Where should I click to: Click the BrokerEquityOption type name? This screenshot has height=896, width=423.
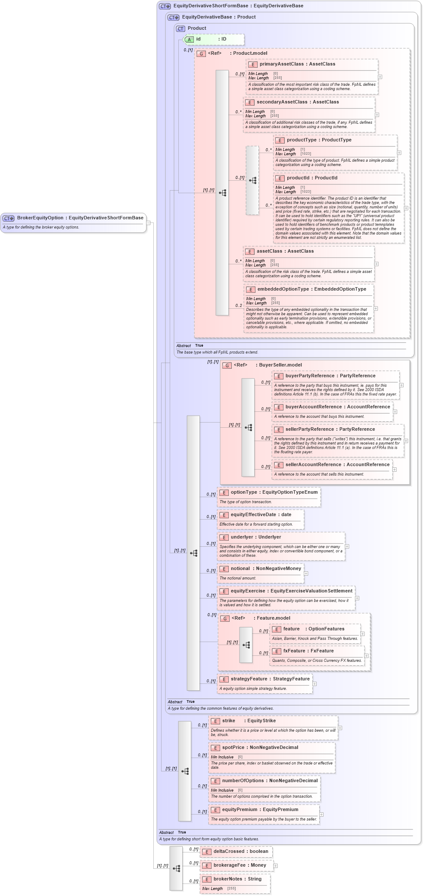click(x=40, y=218)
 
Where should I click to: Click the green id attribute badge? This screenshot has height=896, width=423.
click(x=189, y=40)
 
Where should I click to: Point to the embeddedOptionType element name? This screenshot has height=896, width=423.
click(x=283, y=289)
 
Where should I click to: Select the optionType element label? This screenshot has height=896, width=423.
click(x=243, y=492)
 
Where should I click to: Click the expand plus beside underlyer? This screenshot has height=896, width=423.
click(x=347, y=546)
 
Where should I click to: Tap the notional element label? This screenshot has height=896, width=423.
click(x=240, y=569)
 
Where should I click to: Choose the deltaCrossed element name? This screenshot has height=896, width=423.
click(x=229, y=852)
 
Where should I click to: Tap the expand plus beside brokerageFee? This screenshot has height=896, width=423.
click(x=276, y=866)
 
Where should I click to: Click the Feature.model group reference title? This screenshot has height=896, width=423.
click(x=273, y=618)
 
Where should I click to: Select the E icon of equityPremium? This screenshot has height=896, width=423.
click(x=215, y=810)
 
